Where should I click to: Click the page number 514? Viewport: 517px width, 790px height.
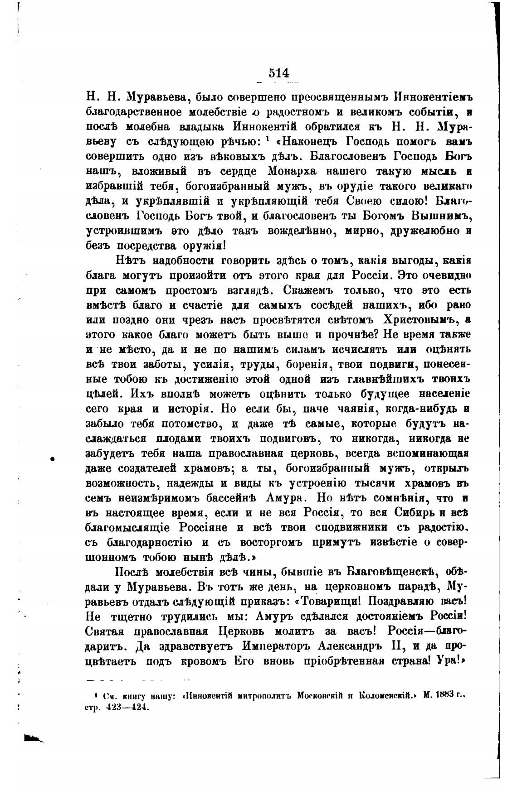[x=278, y=73]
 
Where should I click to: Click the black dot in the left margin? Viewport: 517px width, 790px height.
[x=53, y=459]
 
